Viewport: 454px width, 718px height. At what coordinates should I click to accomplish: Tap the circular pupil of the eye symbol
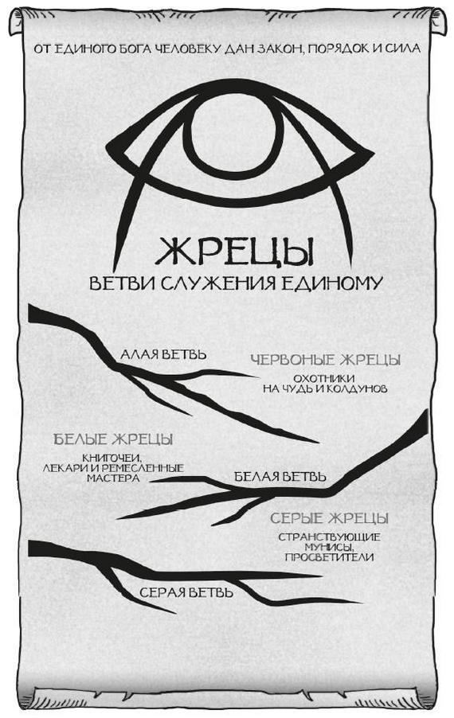235,137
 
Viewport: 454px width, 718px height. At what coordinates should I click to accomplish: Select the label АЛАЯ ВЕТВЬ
163,354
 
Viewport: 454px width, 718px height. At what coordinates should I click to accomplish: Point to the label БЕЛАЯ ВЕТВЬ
280,477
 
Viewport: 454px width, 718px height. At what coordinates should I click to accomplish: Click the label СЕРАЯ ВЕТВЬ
186,592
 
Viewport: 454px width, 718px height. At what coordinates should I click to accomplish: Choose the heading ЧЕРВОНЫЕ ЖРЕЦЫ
325,360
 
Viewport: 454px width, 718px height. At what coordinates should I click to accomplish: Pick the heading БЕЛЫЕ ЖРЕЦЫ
113,439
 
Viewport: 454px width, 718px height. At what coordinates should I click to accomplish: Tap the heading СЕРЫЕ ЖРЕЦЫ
330,518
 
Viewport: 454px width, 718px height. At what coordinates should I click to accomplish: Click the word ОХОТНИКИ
324,379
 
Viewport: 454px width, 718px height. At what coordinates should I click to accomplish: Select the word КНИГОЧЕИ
112,459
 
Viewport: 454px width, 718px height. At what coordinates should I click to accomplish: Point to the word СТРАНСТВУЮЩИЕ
330,537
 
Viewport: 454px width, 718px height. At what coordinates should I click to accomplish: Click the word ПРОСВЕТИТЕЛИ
329,557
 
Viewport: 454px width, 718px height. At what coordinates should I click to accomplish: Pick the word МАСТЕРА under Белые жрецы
113,478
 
